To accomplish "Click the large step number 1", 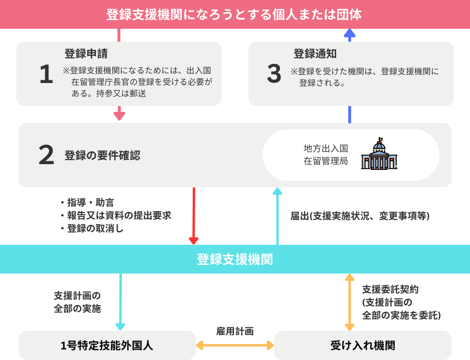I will click(x=46, y=74).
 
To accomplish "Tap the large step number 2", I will click(x=46, y=156).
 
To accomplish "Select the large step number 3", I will click(x=274, y=74).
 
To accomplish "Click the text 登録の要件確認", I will click(x=102, y=156).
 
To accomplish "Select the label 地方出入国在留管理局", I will click(x=326, y=155).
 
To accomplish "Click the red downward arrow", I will click(x=194, y=216).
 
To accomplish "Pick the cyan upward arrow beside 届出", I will click(x=277, y=216).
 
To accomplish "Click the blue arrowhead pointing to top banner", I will click(x=350, y=34).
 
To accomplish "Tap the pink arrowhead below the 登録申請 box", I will click(x=119, y=115).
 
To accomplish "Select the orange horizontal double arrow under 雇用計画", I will click(x=235, y=345).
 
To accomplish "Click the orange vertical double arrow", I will click(x=350, y=302).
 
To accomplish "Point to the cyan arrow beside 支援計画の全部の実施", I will click(x=120, y=302).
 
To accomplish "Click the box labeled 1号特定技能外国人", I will click(x=107, y=345).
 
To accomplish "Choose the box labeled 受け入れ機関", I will click(x=363, y=345).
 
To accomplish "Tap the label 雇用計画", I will click(x=235, y=331).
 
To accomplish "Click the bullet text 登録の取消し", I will click(x=95, y=228).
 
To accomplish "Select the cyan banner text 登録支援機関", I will click(x=235, y=259).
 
